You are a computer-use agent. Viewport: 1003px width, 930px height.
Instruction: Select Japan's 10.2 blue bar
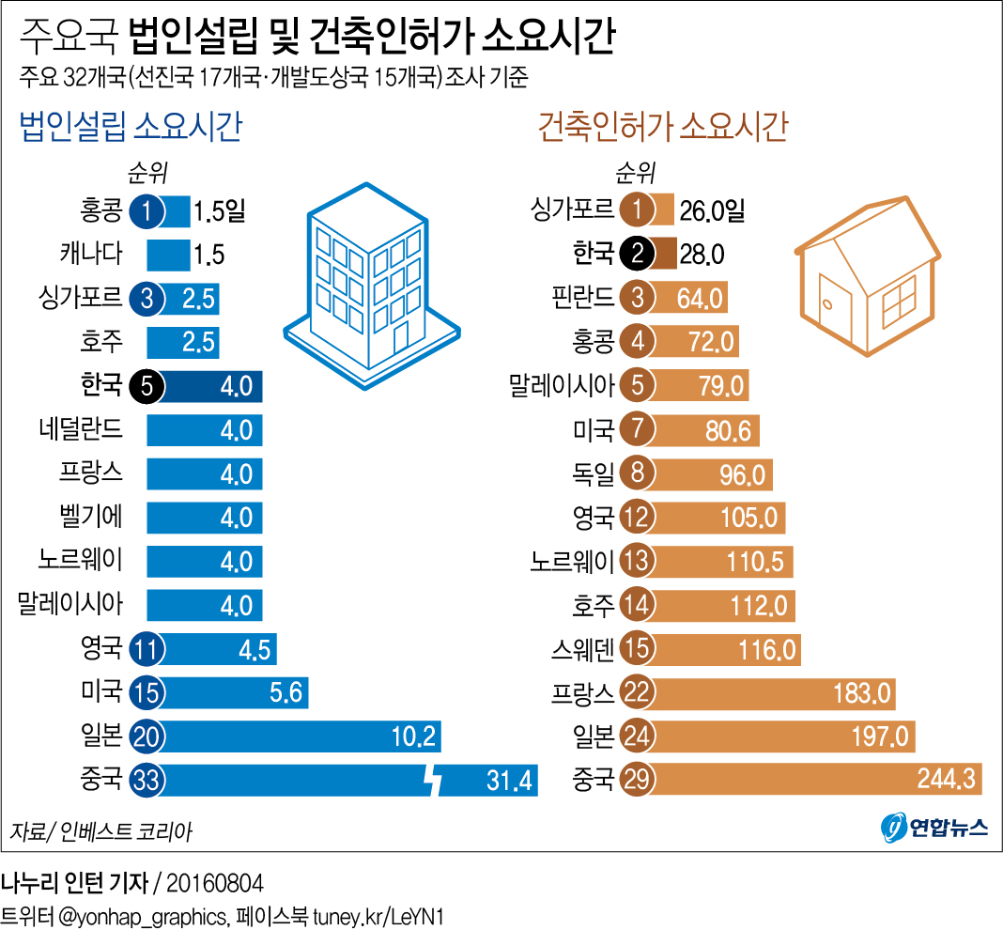(301, 736)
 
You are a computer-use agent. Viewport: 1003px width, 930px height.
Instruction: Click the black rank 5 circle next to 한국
(147, 386)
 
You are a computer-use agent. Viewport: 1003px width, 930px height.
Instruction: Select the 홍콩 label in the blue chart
(101, 209)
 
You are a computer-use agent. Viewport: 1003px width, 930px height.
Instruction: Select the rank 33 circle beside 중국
(147, 780)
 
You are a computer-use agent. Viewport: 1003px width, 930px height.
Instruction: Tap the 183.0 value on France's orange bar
(860, 693)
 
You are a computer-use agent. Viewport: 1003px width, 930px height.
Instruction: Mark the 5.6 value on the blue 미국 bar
(285, 692)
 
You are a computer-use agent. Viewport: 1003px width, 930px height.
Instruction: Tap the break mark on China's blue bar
(433, 780)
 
